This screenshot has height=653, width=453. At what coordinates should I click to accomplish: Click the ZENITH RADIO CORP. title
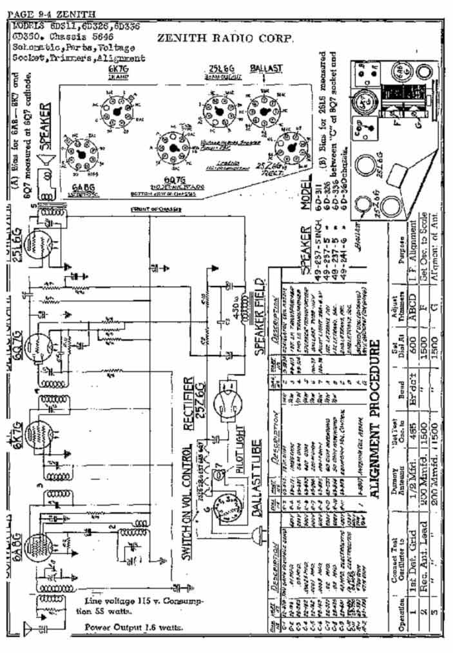point(226,38)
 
